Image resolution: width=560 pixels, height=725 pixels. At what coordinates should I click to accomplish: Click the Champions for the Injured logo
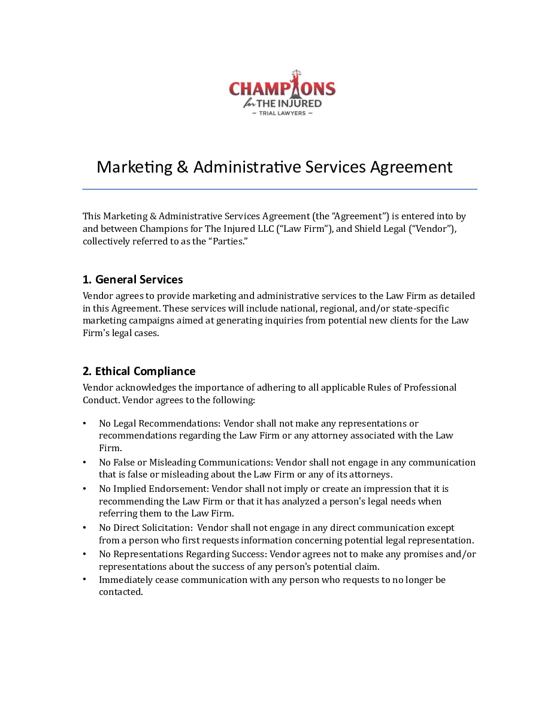(x=282, y=93)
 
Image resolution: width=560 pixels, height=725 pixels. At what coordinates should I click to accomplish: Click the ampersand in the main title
(x=183, y=167)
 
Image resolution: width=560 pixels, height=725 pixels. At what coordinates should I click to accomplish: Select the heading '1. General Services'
(x=132, y=280)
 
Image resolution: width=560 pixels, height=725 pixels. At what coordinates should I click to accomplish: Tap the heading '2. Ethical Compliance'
(x=139, y=371)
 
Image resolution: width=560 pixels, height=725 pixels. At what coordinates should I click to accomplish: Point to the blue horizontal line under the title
(x=280, y=189)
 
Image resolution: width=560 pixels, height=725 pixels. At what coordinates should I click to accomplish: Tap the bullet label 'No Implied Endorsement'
(x=153, y=489)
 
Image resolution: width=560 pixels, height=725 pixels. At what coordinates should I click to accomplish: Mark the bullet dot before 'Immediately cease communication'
(x=84, y=579)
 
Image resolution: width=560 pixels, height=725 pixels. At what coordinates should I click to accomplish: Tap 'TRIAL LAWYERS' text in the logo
(x=282, y=113)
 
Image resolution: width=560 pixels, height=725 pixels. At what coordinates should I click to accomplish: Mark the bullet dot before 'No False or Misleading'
(x=84, y=462)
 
